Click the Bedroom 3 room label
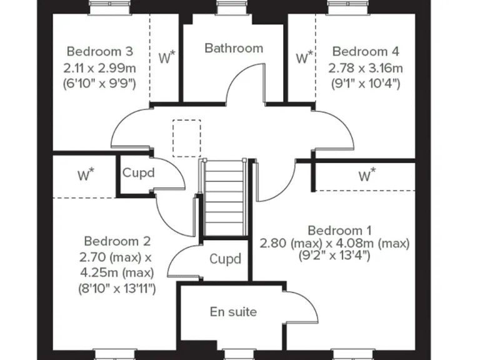(x=99, y=51)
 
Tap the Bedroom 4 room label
(x=366, y=51)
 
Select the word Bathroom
(x=234, y=48)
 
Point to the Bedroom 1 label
(x=335, y=230)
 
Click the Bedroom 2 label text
(x=117, y=241)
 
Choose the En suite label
(x=233, y=311)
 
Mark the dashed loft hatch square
(x=187, y=138)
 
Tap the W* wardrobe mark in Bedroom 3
(x=166, y=59)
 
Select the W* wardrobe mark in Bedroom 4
(x=304, y=59)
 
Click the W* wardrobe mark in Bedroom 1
(x=367, y=175)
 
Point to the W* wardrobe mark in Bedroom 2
(x=86, y=175)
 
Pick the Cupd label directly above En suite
(x=225, y=259)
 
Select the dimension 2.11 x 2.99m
(x=99, y=67)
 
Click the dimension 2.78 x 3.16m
(x=366, y=67)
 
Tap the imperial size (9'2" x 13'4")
(x=335, y=255)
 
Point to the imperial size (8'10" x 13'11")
(x=117, y=288)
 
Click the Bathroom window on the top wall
(x=234, y=8)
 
